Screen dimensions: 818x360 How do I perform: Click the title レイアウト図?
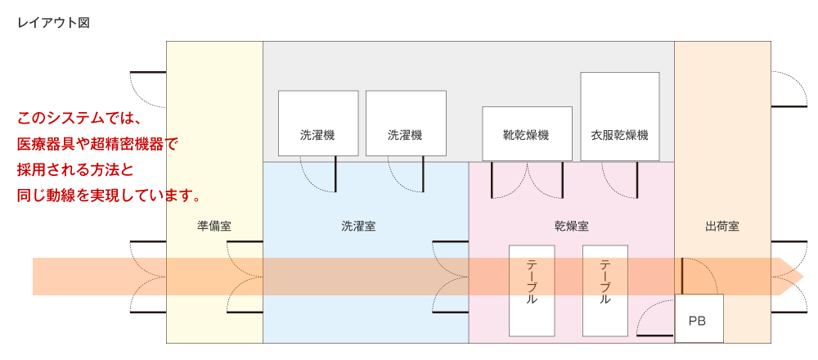click(x=54, y=24)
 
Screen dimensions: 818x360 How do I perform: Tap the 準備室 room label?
click(x=214, y=227)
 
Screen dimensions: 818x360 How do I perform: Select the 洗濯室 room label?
click(x=358, y=227)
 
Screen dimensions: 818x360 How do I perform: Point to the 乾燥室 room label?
click(x=572, y=227)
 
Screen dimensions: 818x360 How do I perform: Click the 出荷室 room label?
click(x=722, y=227)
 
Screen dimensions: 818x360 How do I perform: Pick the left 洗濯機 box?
click(x=318, y=123)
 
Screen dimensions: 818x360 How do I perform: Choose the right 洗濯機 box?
click(x=406, y=123)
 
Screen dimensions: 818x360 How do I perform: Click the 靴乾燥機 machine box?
click(x=527, y=133)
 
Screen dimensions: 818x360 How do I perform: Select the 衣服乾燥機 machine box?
click(x=620, y=116)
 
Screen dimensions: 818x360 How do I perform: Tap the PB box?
click(x=699, y=318)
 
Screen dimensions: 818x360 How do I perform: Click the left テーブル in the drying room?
click(x=532, y=290)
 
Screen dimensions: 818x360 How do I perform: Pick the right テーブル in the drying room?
click(x=605, y=290)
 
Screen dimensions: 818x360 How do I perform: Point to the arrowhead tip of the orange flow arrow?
click(x=804, y=276)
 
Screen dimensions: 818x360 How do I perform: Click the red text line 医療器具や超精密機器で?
click(x=97, y=144)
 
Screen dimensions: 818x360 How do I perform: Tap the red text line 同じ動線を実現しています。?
click(x=109, y=196)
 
